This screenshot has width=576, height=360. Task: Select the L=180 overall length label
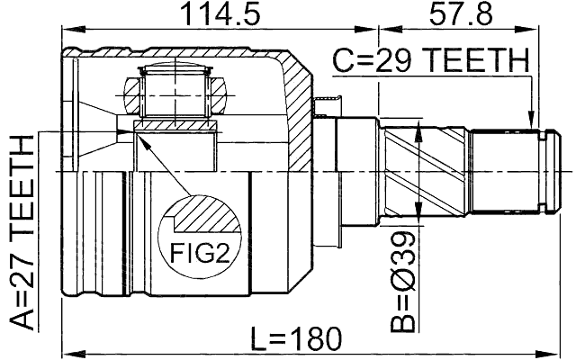point(296,339)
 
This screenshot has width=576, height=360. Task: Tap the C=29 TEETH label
point(430,62)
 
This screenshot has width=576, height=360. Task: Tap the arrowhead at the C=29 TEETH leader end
point(533,120)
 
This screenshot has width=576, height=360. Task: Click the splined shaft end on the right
point(508,171)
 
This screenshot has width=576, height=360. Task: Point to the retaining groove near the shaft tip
point(541,171)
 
